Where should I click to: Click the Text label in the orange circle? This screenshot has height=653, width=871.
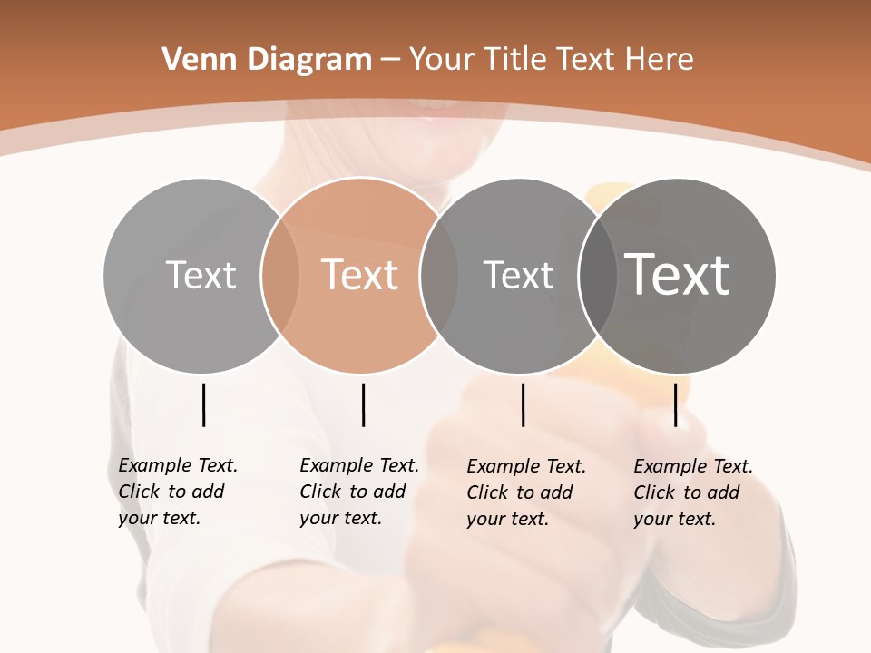click(360, 275)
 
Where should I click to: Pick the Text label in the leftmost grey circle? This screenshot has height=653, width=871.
click(201, 275)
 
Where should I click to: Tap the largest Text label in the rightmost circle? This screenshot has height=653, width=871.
click(678, 275)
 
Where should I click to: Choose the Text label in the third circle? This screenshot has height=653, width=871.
click(518, 275)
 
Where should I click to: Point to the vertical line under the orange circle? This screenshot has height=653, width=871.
click(363, 404)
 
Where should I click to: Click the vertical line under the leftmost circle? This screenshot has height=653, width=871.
click(203, 404)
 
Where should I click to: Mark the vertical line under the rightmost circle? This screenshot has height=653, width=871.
click(675, 404)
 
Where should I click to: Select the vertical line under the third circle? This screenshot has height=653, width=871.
click(523, 404)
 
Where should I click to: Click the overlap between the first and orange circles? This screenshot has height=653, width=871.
click(280, 275)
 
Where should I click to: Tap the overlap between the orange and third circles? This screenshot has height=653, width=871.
click(439, 275)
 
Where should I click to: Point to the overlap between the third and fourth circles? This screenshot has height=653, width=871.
click(597, 275)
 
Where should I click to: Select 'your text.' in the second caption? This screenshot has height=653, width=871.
click(340, 518)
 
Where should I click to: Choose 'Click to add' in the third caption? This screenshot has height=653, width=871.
click(520, 492)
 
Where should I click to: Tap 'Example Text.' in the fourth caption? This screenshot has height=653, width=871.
click(693, 466)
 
